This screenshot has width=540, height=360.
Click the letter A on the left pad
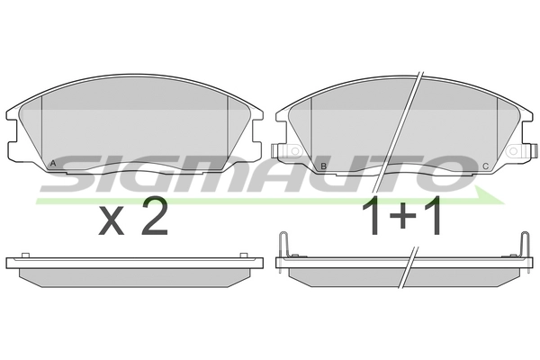coord(53,163)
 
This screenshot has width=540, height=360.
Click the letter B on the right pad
coord(323,166)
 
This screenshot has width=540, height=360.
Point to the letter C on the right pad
coord(485,166)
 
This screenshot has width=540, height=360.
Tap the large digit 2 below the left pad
coord(155,216)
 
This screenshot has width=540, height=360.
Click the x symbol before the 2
coord(112,222)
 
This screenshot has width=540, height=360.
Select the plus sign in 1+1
coord(402,215)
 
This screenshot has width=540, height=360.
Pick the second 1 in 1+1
coord(432,215)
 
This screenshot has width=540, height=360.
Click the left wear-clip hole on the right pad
coord(295,151)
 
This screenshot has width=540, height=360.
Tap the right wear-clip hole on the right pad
coord(514,151)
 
